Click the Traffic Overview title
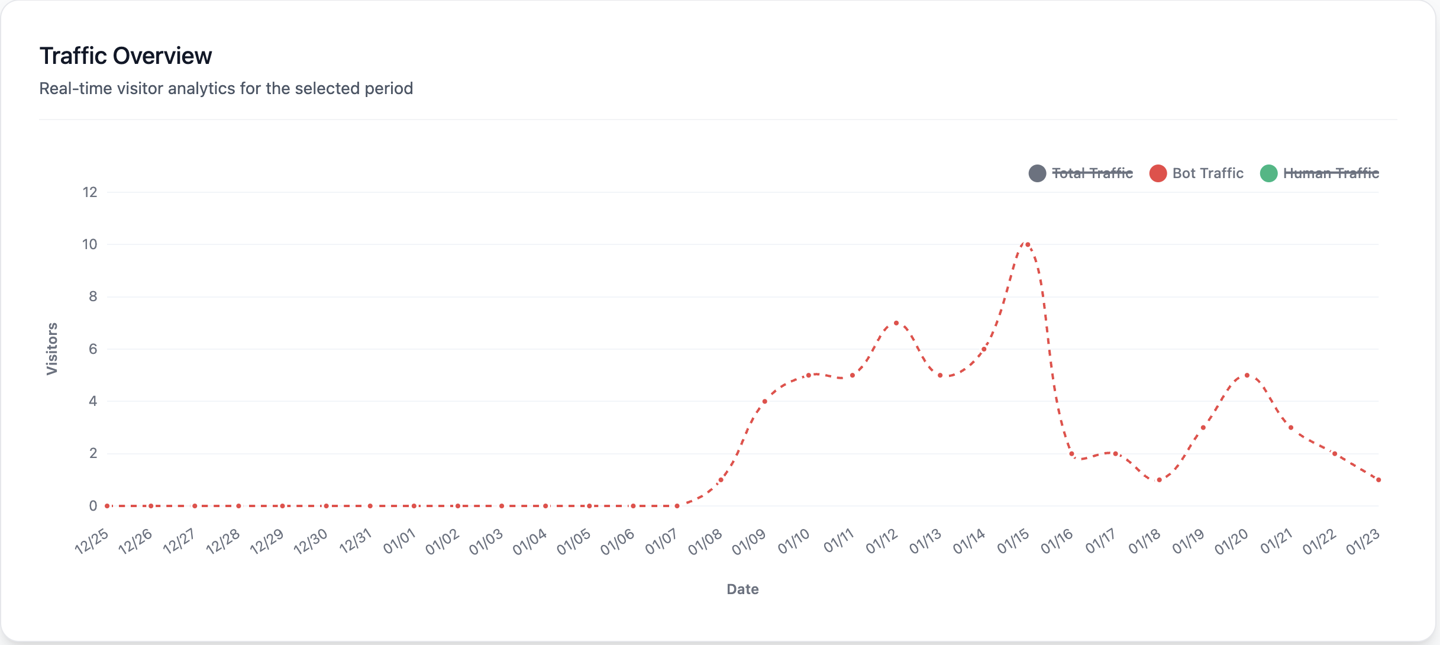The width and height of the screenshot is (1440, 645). coord(125,56)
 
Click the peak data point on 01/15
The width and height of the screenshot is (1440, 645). coord(1028,244)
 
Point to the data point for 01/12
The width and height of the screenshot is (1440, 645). coord(896,323)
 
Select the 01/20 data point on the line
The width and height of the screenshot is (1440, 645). coord(1247,375)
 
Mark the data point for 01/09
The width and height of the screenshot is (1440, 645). coord(764,401)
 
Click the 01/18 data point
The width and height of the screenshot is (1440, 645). coord(1159,480)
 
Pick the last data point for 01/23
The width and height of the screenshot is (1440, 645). coord(1378,480)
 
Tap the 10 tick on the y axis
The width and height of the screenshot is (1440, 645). coord(89,244)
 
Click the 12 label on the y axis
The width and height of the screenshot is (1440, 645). coord(89,192)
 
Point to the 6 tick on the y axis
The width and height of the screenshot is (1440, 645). coord(93,349)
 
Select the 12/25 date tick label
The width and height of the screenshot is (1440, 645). coord(92,541)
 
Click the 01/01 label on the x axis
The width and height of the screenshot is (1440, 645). coord(399,541)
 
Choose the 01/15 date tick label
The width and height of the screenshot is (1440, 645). coord(1013,541)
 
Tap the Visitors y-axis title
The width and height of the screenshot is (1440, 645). coord(52,349)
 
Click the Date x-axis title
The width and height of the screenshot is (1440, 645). coord(742,589)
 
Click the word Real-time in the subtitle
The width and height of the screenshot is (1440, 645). coord(70,88)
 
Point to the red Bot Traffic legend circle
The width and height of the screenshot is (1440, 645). coord(1158,173)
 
